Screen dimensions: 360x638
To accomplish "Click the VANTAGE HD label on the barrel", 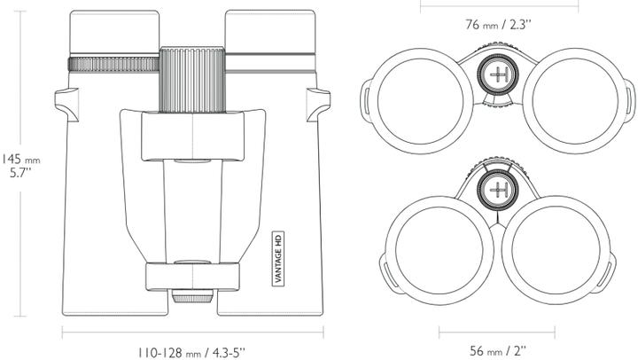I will [276, 254].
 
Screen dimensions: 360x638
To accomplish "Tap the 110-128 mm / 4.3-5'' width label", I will [192, 352].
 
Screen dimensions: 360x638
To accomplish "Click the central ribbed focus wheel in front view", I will [192, 82].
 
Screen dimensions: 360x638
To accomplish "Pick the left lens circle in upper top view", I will [418, 93].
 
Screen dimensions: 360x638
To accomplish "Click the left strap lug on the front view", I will [64, 102].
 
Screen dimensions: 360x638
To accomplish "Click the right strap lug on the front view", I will [321, 102].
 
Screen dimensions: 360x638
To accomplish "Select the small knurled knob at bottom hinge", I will [192, 297].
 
